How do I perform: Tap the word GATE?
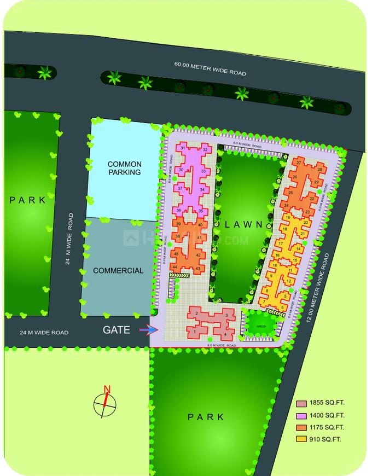click(x=117, y=330)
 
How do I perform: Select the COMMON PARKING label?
click(x=124, y=168)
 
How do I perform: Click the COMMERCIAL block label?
click(x=118, y=270)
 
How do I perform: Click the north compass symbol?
click(x=105, y=404)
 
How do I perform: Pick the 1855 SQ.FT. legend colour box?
click(x=301, y=404)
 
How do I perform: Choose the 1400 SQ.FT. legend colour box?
click(x=301, y=416)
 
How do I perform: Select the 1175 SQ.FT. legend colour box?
click(x=301, y=427)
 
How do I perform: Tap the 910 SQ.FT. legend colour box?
click(x=301, y=439)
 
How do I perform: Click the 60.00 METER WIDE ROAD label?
click(x=210, y=69)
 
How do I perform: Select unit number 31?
click(x=182, y=149)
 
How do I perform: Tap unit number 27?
click(x=299, y=163)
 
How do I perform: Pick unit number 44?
click(x=175, y=266)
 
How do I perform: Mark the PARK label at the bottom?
click(x=206, y=417)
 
